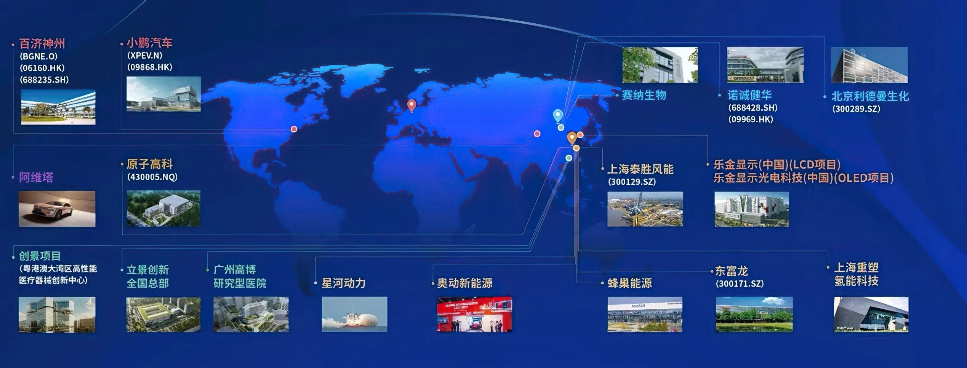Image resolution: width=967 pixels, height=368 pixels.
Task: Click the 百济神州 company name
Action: (42, 44)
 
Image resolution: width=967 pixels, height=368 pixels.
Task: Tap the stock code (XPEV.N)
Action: (145, 56)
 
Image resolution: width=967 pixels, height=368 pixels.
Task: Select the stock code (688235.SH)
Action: (44, 80)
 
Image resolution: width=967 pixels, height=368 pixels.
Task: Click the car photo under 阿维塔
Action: (57, 209)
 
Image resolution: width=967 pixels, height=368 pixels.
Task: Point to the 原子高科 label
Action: (150, 164)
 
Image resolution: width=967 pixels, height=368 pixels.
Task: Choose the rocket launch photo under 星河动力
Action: (354, 314)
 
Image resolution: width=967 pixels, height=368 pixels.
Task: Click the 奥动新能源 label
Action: (465, 283)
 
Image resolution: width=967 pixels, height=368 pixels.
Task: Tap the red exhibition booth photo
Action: (474, 314)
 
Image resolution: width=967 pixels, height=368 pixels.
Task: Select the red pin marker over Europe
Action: (411, 106)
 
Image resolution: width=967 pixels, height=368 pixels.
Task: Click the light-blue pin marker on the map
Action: (558, 116)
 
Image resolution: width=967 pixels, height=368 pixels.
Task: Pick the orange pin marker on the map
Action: (572, 138)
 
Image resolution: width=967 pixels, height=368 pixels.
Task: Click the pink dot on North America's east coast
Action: (294, 129)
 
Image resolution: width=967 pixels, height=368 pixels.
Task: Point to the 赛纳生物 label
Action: (644, 95)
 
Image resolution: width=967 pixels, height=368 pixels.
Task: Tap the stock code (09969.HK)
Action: (751, 119)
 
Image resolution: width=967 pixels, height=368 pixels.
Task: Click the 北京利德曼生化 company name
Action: (870, 96)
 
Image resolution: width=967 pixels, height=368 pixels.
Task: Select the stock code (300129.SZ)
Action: (632, 182)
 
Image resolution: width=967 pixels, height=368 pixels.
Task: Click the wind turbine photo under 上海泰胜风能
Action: (645, 209)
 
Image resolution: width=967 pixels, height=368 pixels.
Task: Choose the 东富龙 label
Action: (732, 271)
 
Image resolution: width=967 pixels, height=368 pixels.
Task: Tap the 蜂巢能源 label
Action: (630, 283)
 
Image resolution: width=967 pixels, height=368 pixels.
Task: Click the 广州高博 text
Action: (235, 270)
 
